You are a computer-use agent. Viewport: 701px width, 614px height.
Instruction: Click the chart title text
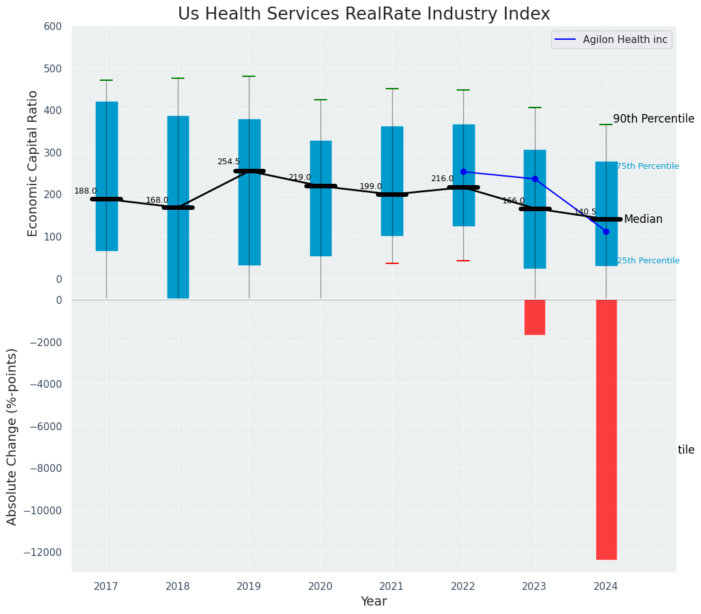[x=364, y=14]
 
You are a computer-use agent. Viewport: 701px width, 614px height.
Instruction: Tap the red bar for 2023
[x=535, y=317]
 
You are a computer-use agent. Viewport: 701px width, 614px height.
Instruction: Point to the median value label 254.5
[x=229, y=162]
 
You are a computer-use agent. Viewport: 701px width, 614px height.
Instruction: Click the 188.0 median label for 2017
[x=85, y=191]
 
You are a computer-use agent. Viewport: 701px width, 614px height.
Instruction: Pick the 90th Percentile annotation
[x=653, y=119]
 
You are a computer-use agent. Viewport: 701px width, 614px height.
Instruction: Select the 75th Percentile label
[x=648, y=167]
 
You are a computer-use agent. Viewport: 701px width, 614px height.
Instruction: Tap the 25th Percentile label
[x=648, y=261]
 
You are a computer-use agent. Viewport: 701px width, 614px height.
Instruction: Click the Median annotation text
[x=643, y=220]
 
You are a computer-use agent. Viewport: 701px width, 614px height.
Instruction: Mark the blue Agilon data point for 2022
[x=463, y=172]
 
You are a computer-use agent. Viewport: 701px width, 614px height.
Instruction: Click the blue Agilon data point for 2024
[x=606, y=231]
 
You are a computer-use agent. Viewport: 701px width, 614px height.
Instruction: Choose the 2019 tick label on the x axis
[x=249, y=587]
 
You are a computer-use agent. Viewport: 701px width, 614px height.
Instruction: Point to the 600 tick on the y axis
[x=53, y=27]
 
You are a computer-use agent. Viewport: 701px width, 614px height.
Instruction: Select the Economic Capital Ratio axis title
[x=33, y=163]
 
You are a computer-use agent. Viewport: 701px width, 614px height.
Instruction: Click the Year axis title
[x=374, y=602]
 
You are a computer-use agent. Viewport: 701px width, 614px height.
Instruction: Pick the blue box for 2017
[x=107, y=176]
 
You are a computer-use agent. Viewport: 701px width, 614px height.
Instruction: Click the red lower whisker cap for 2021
[x=392, y=263]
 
